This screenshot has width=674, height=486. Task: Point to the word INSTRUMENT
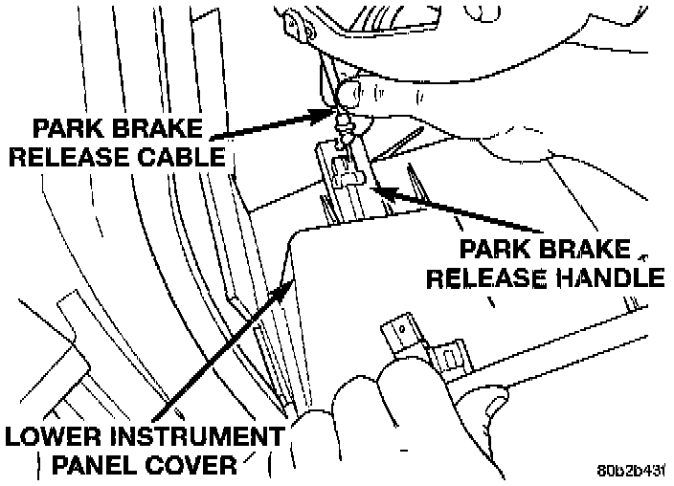[x=191, y=438]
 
